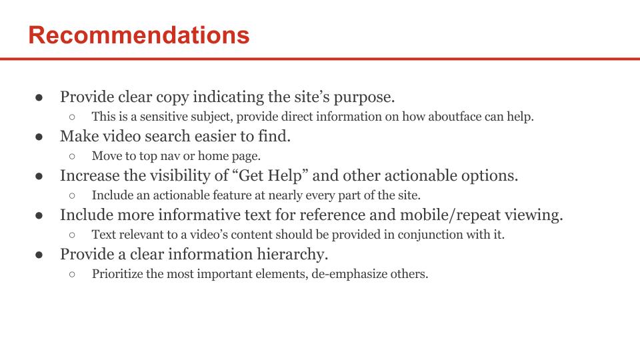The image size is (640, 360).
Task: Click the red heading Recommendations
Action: click(x=139, y=35)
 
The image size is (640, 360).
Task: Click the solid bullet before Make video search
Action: click(x=39, y=137)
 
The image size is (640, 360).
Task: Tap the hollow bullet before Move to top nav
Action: click(x=72, y=156)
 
